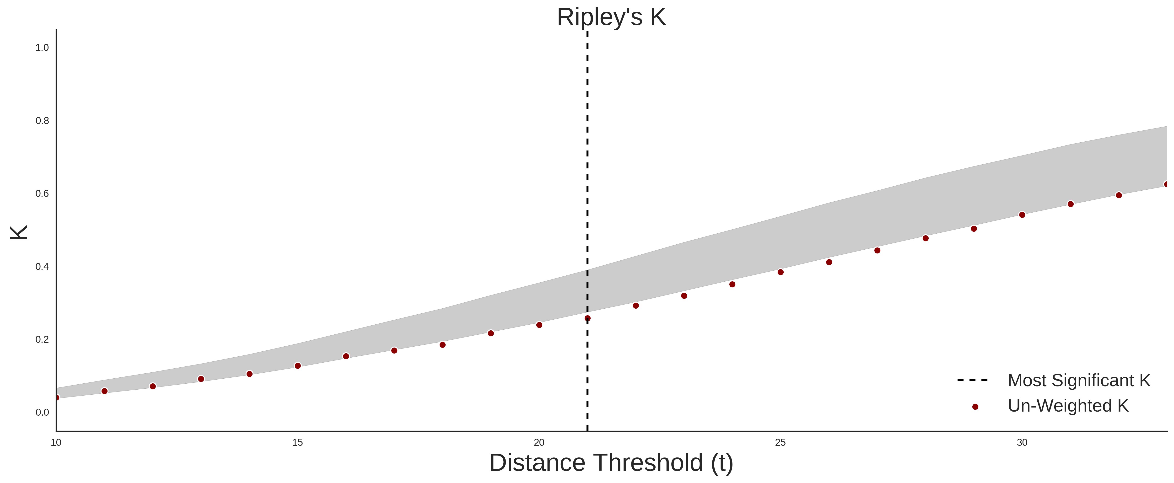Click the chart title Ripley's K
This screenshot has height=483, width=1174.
tap(611, 17)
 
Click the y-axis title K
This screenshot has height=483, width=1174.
tap(19, 232)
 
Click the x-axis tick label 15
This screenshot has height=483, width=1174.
tap(298, 442)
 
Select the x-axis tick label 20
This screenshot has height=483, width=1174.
tap(539, 442)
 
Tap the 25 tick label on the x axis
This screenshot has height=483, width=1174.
tap(781, 442)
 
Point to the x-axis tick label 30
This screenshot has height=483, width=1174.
tap(1022, 442)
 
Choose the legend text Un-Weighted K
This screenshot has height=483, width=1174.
tap(1068, 406)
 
